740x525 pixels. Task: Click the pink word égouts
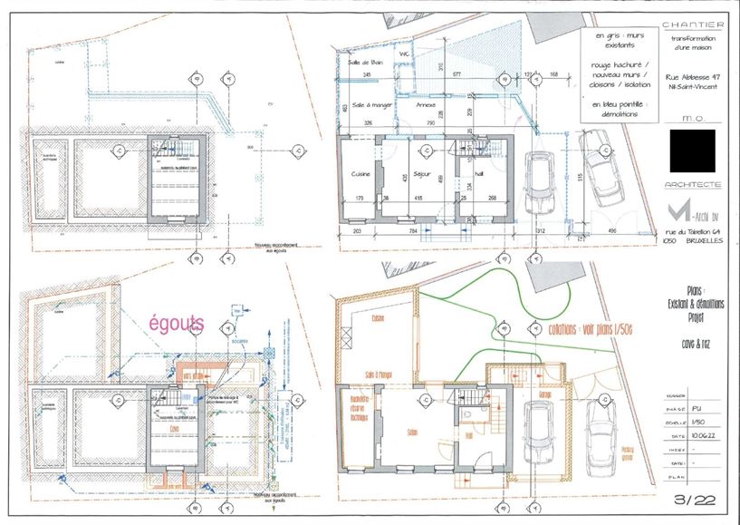click(x=178, y=323)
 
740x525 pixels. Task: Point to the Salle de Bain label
click(x=360, y=62)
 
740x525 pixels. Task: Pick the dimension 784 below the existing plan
click(x=413, y=232)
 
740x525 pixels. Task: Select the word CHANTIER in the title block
click(x=693, y=24)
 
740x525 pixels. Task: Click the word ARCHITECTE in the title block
click(x=693, y=185)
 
